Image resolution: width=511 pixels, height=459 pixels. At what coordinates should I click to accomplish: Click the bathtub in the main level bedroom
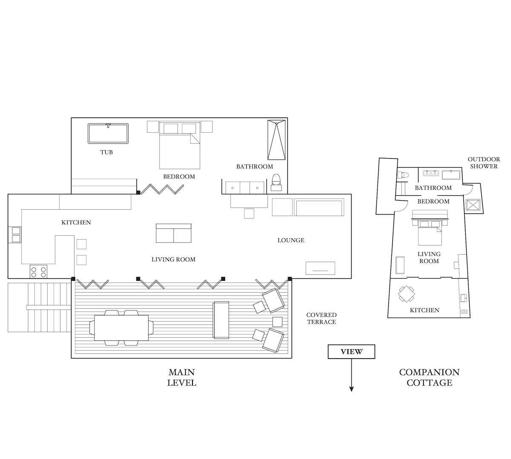[108, 134]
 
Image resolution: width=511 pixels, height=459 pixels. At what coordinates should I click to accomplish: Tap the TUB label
[106, 152]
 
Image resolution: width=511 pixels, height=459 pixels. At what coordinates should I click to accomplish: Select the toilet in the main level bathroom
[276, 182]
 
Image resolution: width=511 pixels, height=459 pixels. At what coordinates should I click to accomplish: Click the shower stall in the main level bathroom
[276, 140]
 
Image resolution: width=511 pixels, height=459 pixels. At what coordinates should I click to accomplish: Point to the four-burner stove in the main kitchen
[38, 272]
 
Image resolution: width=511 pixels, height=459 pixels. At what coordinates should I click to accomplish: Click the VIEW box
[351, 351]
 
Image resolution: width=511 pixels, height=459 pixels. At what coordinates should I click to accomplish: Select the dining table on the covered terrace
[121, 328]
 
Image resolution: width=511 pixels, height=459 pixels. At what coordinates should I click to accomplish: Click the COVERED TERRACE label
[322, 319]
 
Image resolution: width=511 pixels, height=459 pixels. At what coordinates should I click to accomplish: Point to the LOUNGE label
[291, 240]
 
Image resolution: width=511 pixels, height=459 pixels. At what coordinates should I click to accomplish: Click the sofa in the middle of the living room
[173, 233]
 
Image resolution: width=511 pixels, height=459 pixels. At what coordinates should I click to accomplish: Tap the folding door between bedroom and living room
[162, 189]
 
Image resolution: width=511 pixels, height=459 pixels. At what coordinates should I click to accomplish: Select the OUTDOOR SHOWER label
[484, 163]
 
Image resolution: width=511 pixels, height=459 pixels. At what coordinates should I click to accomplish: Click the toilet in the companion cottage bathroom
[403, 175]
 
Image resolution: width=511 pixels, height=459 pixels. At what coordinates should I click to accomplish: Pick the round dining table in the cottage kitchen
[407, 294]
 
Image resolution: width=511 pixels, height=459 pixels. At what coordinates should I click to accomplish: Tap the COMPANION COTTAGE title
[430, 377]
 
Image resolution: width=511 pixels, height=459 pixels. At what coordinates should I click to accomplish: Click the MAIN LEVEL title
[182, 377]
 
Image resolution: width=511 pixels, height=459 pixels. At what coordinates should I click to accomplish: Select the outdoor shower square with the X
[473, 205]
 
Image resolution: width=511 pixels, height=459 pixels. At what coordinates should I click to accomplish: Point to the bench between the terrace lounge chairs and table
[221, 320]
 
